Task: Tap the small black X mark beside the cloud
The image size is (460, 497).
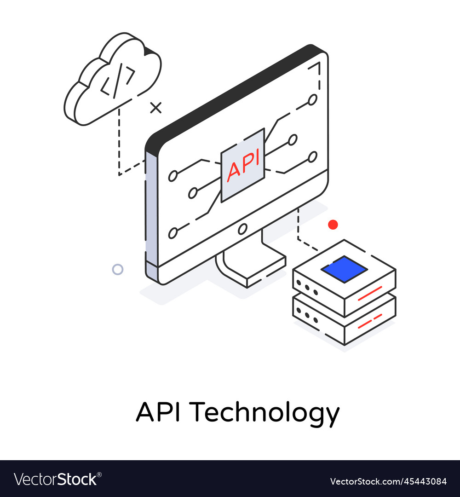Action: [156, 108]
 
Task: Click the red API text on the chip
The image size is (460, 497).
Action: [243, 164]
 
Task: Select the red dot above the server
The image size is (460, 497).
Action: [333, 225]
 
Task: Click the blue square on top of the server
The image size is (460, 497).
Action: [344, 269]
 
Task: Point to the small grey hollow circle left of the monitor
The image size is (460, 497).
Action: [118, 269]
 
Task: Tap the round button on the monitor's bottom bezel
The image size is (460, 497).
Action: [242, 228]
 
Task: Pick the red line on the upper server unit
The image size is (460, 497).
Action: [370, 293]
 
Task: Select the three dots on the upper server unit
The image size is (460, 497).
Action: [307, 288]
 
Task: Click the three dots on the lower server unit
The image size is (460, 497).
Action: [307, 315]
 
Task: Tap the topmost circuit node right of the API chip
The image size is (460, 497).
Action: [313, 99]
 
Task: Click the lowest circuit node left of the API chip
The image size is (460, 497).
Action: [173, 233]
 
